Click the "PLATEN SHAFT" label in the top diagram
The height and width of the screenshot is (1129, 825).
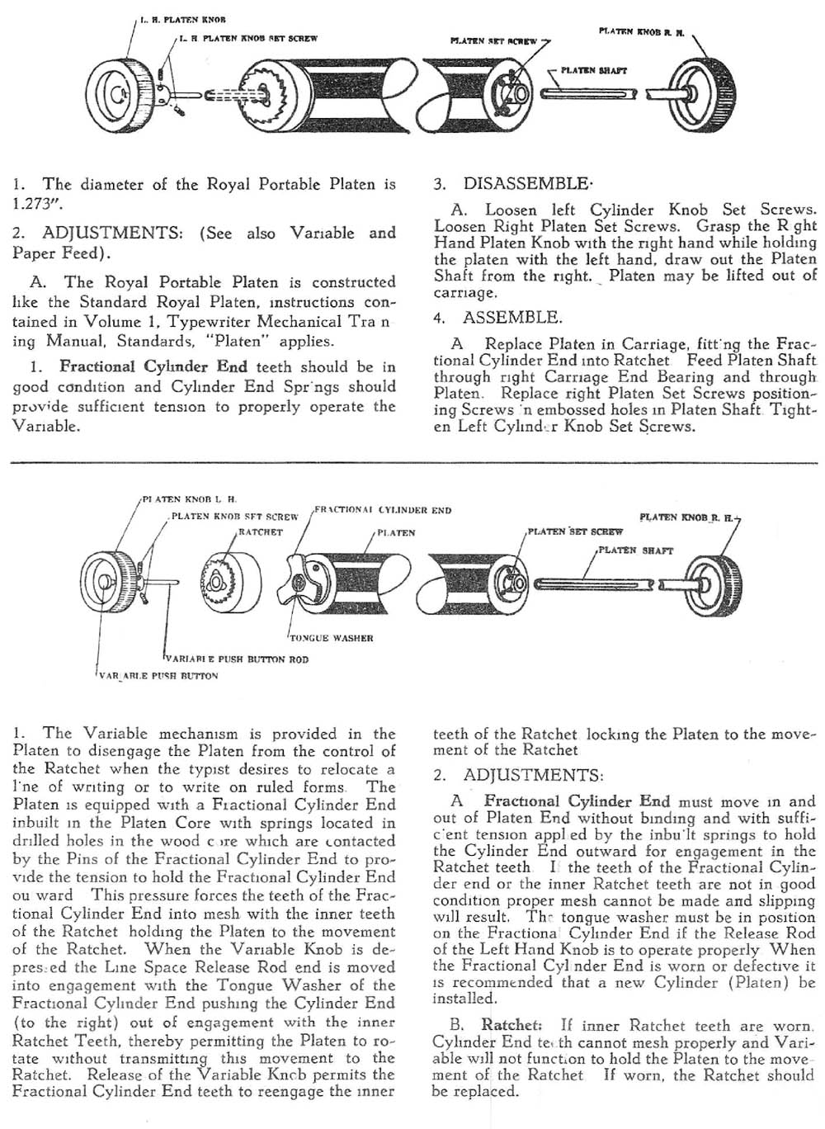(593, 70)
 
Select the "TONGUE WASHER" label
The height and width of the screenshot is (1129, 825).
(331, 638)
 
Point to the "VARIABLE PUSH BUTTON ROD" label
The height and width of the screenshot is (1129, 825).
(238, 659)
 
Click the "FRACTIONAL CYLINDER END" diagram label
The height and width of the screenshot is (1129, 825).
(383, 510)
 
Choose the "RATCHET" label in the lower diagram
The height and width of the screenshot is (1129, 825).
(260, 532)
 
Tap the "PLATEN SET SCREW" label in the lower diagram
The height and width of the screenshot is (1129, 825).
(576, 531)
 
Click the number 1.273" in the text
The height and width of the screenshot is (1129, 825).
(38, 204)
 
